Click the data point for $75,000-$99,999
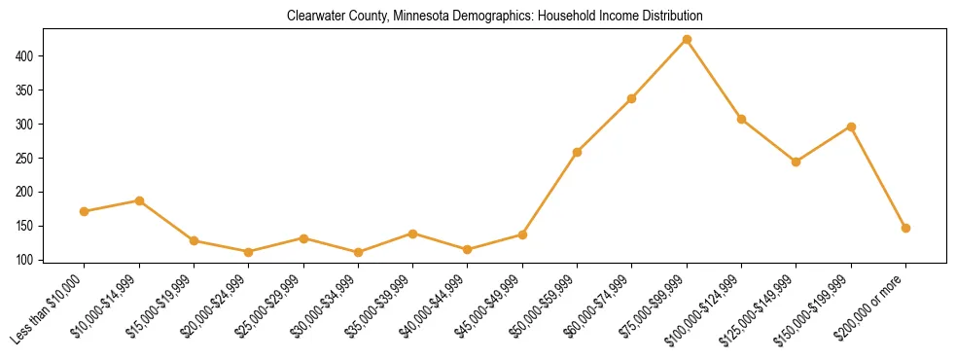coord(687,39)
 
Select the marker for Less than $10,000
coord(85,211)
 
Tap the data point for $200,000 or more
coord(905,228)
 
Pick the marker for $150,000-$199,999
coord(851,126)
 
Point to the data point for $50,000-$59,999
coord(578,152)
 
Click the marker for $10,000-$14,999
coord(139,200)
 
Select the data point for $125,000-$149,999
coord(797,162)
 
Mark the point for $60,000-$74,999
coord(632,98)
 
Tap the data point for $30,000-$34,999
coord(359,252)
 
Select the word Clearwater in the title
coord(313,17)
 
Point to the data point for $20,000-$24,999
coord(249,251)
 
